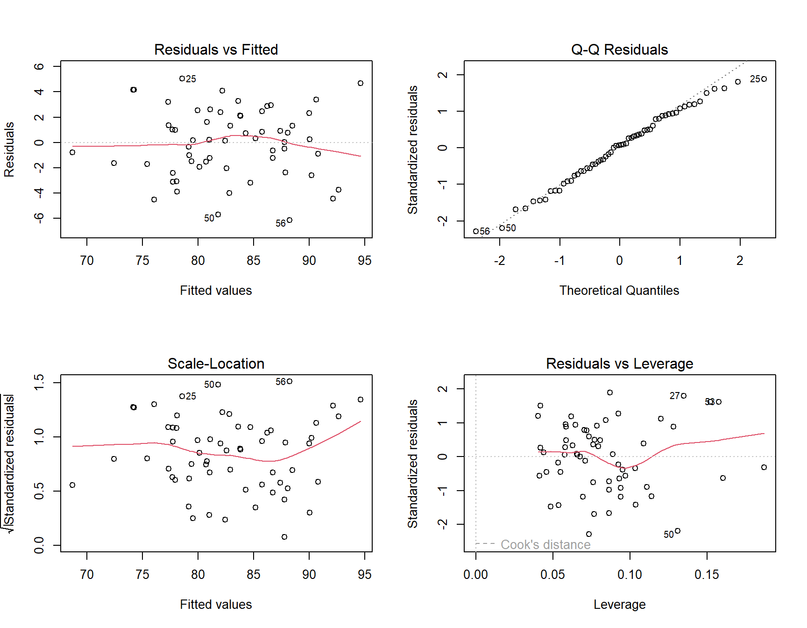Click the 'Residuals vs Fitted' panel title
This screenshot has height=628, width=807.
click(x=216, y=50)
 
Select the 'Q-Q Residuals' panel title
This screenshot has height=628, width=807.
click(x=619, y=50)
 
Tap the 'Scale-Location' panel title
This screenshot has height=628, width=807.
click(x=216, y=364)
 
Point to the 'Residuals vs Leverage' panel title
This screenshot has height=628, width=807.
click(x=619, y=364)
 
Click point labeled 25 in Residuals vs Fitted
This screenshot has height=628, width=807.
click(x=182, y=78)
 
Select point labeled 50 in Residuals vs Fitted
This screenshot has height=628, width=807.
click(x=218, y=214)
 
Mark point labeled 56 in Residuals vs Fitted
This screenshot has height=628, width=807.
click(x=290, y=220)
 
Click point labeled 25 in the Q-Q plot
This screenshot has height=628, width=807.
click(x=764, y=79)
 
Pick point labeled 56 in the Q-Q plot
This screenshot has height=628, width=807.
click(x=476, y=231)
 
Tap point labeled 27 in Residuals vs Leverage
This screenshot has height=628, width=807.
click(x=684, y=396)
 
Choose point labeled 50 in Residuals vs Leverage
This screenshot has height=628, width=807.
click(x=678, y=531)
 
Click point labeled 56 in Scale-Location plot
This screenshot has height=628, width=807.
click(x=290, y=381)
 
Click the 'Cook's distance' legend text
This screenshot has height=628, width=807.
click(x=545, y=545)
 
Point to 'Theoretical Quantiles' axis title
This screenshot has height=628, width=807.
click(x=619, y=291)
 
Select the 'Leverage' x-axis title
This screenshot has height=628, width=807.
click(x=619, y=605)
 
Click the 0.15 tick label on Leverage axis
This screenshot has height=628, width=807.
click(x=707, y=575)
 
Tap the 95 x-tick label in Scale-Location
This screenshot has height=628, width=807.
click(x=364, y=575)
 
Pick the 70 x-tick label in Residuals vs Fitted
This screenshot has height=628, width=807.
click(x=87, y=261)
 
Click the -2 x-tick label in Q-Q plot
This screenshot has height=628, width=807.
click(x=499, y=261)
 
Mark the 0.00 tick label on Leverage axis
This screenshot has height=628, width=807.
click(x=475, y=575)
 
